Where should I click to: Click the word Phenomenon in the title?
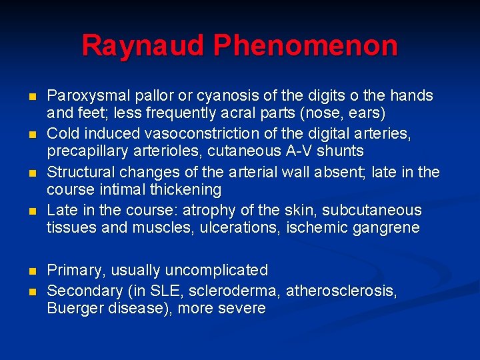click(x=305, y=46)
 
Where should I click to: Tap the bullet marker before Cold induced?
click(x=33, y=135)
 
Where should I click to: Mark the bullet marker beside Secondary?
click(x=33, y=291)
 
